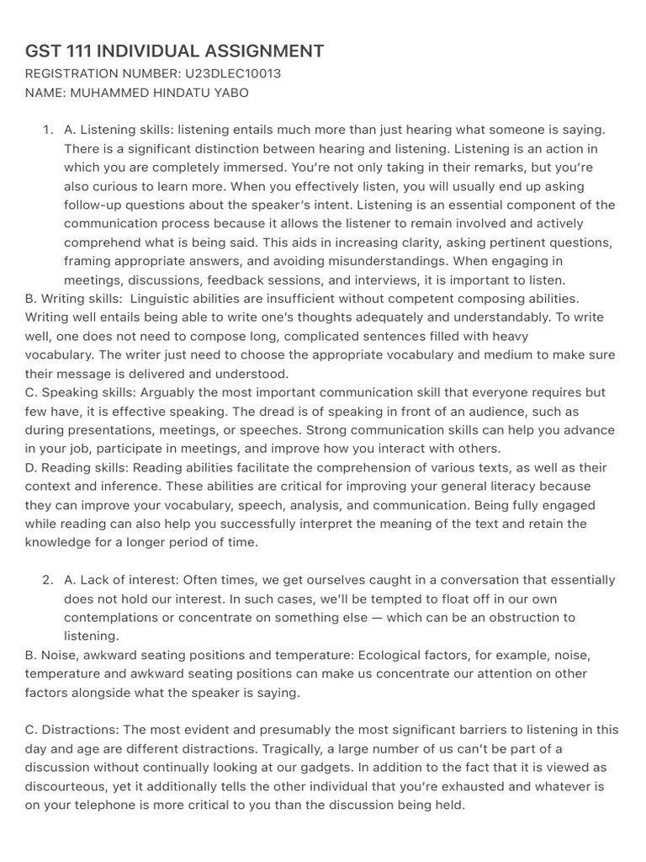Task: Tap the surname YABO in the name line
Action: coord(230,93)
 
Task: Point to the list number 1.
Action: coord(46,130)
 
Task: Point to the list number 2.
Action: coord(46,580)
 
